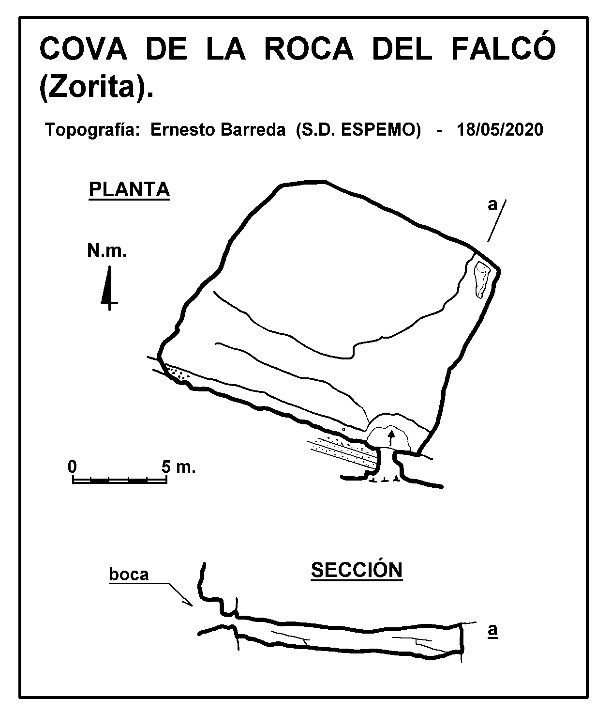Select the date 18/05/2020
pyautogui.click(x=500, y=130)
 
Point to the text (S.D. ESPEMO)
pyautogui.click(x=358, y=130)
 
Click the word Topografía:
pyautogui.click(x=92, y=130)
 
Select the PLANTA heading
pyautogui.click(x=130, y=189)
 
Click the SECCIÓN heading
pyautogui.click(x=357, y=570)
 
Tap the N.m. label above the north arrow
pyautogui.click(x=107, y=250)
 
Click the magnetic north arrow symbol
pyautogui.click(x=109, y=288)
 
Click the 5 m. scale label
pyautogui.click(x=179, y=467)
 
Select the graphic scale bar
pyautogui.click(x=119, y=480)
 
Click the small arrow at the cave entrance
pyautogui.click(x=391, y=438)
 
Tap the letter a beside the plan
pyautogui.click(x=492, y=205)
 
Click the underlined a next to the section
pyautogui.click(x=492, y=630)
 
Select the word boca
pyautogui.click(x=129, y=575)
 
